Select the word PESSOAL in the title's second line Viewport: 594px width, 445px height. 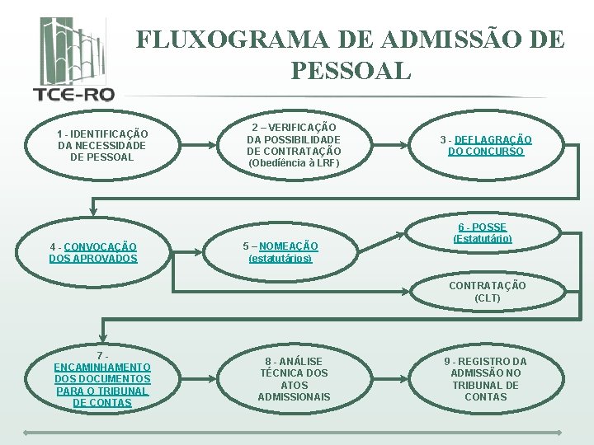coord(351,70)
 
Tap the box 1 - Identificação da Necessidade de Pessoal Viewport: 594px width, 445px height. coord(102,145)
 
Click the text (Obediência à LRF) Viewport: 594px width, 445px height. coord(294,163)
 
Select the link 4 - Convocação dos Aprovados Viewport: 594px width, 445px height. coord(93,252)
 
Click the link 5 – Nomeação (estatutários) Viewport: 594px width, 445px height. coord(280,252)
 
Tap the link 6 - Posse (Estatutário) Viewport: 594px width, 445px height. coord(483,232)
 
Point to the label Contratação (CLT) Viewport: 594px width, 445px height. coord(487,292)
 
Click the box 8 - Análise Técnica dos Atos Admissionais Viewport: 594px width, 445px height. coord(294,379)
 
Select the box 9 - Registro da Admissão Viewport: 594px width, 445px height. coord(486,379)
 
